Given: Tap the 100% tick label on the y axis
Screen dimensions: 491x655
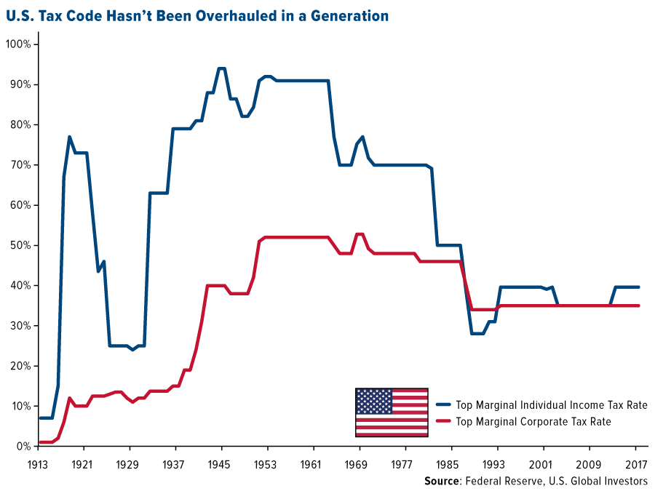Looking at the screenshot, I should [18, 44].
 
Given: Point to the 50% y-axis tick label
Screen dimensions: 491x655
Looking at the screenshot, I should [20, 245].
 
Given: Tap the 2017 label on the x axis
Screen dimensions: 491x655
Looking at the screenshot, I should [635, 463].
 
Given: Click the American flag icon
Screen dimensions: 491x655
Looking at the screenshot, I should [392, 412].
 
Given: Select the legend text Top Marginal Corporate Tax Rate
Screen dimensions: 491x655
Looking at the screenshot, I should [533, 421].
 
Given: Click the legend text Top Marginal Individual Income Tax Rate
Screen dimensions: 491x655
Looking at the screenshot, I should [551, 404].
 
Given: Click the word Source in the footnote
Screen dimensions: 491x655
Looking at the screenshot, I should [442, 481].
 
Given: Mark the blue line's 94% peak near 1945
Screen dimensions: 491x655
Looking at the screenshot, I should [221, 68].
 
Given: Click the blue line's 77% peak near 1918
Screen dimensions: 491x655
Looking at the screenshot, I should [69, 137].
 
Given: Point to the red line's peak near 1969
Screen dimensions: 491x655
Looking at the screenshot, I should [359, 233].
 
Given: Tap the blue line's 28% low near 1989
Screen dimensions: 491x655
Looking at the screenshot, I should [477, 333].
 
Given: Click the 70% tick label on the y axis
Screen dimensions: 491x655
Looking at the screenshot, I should [20, 165].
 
